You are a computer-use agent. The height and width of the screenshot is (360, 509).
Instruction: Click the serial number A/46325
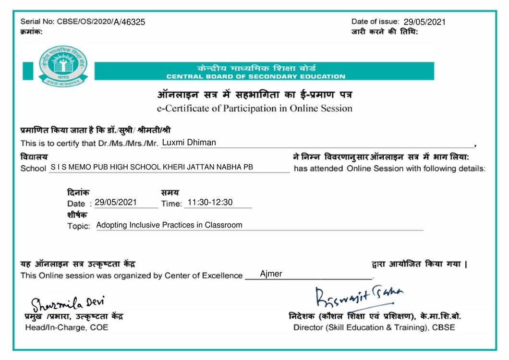[x=129, y=22]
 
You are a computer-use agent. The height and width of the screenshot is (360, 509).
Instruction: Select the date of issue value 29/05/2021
[x=424, y=22]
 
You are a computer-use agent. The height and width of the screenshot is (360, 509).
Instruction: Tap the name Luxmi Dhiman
[x=189, y=143]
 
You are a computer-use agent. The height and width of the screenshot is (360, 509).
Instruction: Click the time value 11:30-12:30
[x=210, y=203]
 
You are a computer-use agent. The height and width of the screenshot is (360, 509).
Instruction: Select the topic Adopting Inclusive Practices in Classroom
[x=170, y=225]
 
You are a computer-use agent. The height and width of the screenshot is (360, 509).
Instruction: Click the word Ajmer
[x=271, y=274]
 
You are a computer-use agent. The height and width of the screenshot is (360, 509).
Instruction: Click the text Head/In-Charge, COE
[x=66, y=327]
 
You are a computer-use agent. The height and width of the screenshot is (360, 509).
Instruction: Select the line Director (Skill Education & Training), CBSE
[x=374, y=327]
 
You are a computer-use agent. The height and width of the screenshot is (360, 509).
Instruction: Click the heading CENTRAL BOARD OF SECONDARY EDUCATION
[x=255, y=77]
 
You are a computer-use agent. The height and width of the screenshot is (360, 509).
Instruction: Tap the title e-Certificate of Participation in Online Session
[x=254, y=108]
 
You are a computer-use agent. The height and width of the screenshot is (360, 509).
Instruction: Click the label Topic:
[x=78, y=226]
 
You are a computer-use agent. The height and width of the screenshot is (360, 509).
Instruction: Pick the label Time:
[x=171, y=204]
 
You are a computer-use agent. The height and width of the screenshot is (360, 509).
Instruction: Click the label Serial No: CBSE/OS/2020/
[x=66, y=22]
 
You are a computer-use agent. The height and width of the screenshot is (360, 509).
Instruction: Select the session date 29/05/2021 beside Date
[x=116, y=203]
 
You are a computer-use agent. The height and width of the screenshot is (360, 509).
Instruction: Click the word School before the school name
[x=33, y=168]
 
